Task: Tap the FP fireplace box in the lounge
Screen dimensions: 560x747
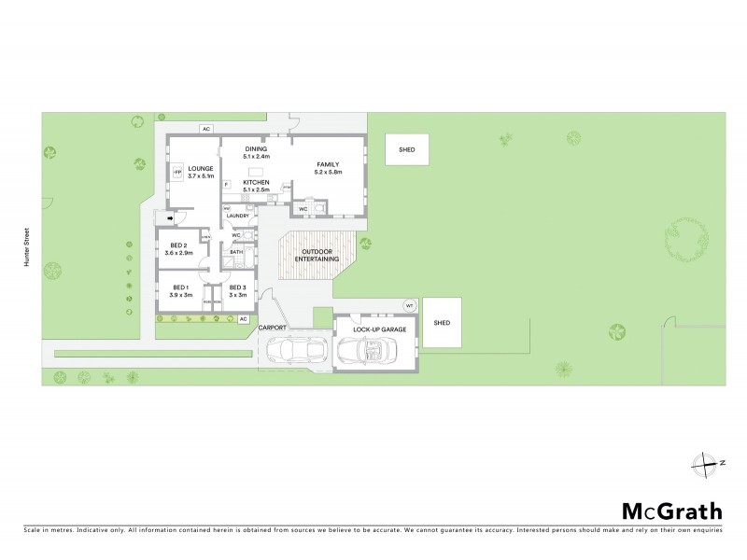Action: (x=176, y=172)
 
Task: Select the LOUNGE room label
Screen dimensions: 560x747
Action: (x=201, y=168)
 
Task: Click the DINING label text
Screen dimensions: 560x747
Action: (x=257, y=149)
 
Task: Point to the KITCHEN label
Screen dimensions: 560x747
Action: (x=257, y=182)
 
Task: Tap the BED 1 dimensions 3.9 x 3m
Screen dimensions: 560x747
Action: (x=179, y=295)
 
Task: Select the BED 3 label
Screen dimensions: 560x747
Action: (x=237, y=287)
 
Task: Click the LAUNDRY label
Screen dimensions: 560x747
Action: (x=238, y=217)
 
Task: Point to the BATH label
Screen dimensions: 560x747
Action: (x=237, y=251)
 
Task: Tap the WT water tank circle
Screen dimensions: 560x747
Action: (x=408, y=306)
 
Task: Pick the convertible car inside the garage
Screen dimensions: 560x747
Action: (x=367, y=351)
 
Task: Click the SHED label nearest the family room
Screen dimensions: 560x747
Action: (x=407, y=149)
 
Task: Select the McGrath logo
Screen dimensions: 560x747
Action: (x=672, y=511)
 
